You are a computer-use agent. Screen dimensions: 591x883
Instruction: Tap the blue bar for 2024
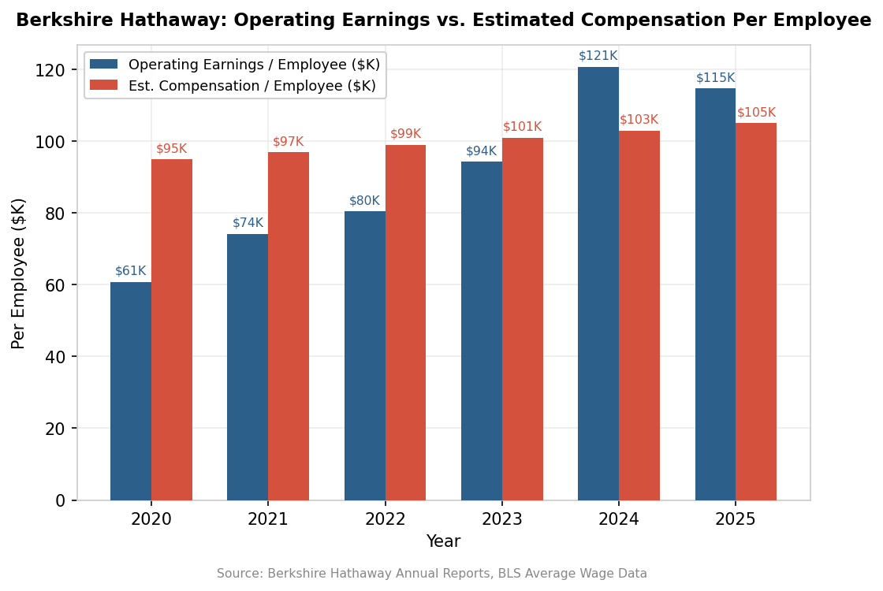coord(598,284)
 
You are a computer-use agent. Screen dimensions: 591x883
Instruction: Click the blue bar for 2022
coord(365,355)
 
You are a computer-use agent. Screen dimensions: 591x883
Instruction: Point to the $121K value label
coord(598,56)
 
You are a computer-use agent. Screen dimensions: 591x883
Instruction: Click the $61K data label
coord(131,271)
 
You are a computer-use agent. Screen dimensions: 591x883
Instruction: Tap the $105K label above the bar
coord(756,113)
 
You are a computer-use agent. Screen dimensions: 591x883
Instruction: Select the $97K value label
coord(289,142)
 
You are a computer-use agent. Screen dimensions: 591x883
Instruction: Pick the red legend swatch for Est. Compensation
coord(103,85)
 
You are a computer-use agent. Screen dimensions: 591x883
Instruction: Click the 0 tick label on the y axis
coord(61,500)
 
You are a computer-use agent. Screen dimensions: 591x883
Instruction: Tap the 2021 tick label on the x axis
coord(268,519)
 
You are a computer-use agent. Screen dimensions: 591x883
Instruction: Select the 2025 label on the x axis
coord(736,519)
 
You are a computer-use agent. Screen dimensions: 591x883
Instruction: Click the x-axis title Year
coord(443,541)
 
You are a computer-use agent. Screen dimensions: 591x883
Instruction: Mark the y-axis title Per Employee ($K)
coord(19,273)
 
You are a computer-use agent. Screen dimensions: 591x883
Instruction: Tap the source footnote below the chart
coord(432,574)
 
